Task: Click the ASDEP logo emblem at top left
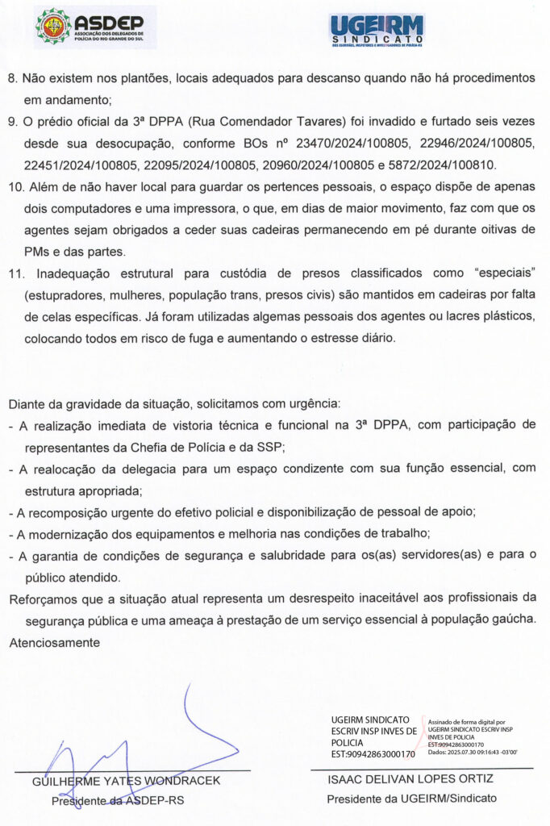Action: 53,26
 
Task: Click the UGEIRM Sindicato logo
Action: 377,31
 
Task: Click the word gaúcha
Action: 508,619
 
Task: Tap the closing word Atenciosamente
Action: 55,642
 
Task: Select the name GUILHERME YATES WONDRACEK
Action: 126,781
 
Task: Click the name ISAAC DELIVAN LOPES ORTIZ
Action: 410,779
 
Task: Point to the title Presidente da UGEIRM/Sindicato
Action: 411,799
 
